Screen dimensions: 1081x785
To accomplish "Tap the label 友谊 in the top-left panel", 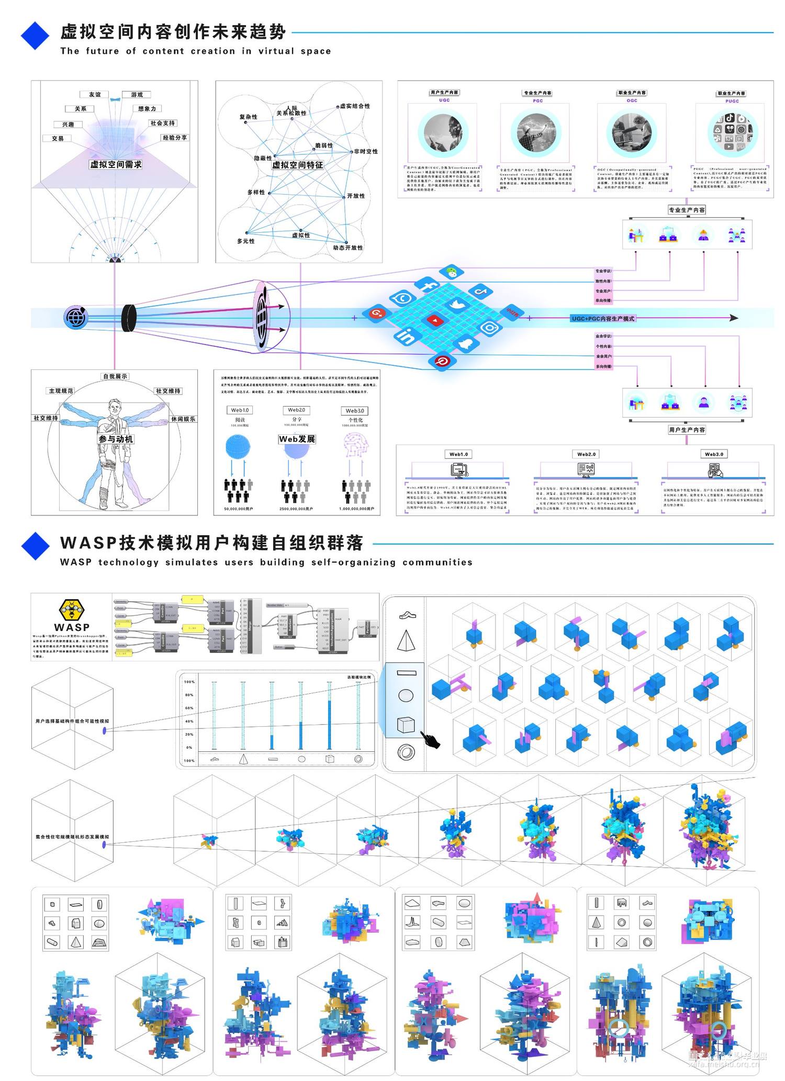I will tap(95, 95).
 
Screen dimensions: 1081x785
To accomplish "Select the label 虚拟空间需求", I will tap(116, 164).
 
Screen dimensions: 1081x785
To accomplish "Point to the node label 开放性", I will tap(356, 196).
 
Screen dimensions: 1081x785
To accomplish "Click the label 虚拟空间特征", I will tap(297, 165).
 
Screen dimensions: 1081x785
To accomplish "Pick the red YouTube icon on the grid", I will tap(434, 319).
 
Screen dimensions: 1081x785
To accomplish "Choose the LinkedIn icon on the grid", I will tap(407, 336).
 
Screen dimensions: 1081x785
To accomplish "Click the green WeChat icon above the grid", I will tap(448, 272).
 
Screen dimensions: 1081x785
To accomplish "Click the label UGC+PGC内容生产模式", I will tap(603, 318).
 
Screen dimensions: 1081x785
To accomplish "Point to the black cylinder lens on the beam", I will tap(129, 318).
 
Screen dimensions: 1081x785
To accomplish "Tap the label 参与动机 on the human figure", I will tap(116, 439).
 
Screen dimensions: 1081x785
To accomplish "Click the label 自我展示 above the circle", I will tap(115, 376).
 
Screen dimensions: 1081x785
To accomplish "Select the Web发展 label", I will tap(297, 439).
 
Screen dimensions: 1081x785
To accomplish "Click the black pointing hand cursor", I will tap(432, 740).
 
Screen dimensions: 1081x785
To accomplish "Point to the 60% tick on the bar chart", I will tap(189, 708).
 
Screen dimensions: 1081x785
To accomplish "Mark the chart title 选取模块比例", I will tap(358, 677).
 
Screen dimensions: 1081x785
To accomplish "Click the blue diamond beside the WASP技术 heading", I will tap(35, 546).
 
